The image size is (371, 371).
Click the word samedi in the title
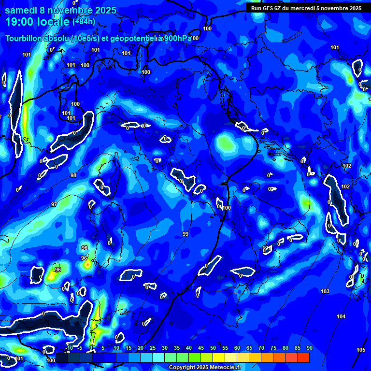tap(19, 10)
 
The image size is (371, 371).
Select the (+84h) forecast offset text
tap(84, 22)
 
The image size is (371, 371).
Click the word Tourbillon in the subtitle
tap(25, 38)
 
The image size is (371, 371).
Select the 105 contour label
tap(361, 350)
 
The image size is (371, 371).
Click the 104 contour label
tap(341, 316)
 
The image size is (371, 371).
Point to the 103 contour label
tap(325, 291)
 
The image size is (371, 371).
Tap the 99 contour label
tap(185, 234)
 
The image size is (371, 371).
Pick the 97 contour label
tap(54, 204)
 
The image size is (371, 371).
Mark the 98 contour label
tap(73, 175)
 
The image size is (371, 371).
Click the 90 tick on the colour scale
tap(309, 348)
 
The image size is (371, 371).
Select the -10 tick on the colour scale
tap(69, 348)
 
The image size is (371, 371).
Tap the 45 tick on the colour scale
tap(200, 348)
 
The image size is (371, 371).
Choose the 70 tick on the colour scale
tap(261, 348)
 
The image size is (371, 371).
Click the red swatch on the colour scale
tap(303, 357)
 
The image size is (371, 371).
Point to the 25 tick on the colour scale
tap(152, 348)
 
